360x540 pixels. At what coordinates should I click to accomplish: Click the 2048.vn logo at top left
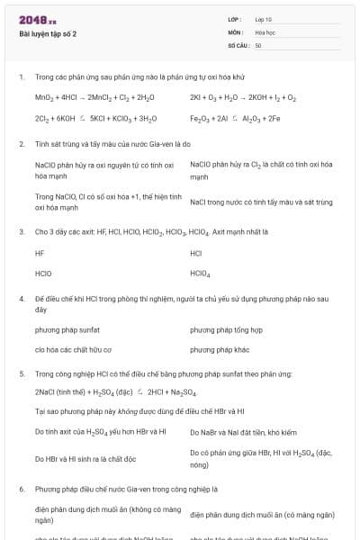(x=38, y=20)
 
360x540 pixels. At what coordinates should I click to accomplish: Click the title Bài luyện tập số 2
(x=48, y=34)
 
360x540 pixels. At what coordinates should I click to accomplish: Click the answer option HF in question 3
(x=40, y=253)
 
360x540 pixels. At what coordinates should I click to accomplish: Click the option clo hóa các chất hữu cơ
(x=73, y=349)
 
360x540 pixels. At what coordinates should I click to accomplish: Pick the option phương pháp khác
(x=220, y=349)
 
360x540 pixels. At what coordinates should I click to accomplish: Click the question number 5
(x=21, y=373)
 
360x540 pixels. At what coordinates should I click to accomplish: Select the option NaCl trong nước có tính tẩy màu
(x=261, y=202)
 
